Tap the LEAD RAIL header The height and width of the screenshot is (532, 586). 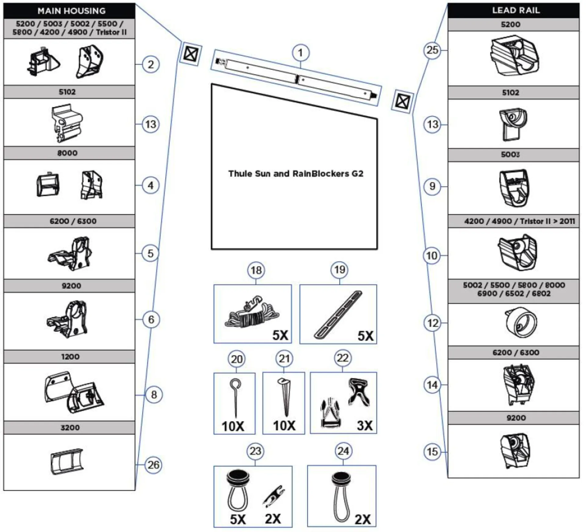coord(515,10)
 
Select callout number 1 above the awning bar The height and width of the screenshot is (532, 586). coord(301,53)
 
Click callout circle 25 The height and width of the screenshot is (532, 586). coord(432,50)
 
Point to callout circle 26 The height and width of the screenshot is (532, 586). coord(153,465)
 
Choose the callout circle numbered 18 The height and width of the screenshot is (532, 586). coord(256,270)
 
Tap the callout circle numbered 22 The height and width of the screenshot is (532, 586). coord(342,358)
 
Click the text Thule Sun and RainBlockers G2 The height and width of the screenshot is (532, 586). coord(295,174)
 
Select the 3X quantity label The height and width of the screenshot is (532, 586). coord(365,426)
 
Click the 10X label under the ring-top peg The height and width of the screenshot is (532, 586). coord(233,426)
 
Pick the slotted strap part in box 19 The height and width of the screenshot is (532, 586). coord(338,315)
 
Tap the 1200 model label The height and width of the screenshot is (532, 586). coord(70,357)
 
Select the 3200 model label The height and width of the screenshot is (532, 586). coord(70,427)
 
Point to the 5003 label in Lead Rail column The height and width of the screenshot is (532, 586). coord(510,155)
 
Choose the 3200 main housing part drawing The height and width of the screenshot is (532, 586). coord(67,461)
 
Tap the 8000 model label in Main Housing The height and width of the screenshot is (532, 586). coord(67,153)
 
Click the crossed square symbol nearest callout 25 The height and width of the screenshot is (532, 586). coord(402,101)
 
